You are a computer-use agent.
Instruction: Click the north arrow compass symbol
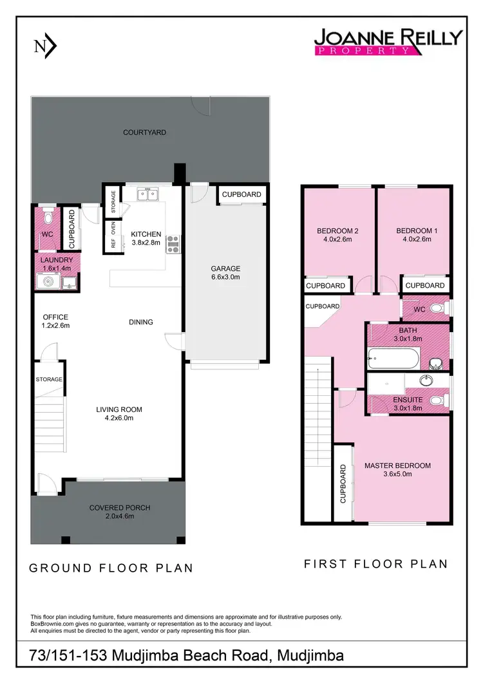[x=44, y=46]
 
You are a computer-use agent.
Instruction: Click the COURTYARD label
[x=145, y=133]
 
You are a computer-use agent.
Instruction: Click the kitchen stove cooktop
[x=173, y=243]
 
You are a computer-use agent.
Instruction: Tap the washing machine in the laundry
[x=46, y=281]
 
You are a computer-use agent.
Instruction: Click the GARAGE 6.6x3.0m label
[x=226, y=273]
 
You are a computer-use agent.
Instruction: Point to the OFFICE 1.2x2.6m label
[x=55, y=321]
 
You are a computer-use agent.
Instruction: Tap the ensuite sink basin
[x=425, y=380]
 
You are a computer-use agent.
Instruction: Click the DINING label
[x=141, y=322]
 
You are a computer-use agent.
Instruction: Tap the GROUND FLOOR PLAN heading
[x=111, y=568]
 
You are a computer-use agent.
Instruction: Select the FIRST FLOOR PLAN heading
[x=375, y=564]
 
